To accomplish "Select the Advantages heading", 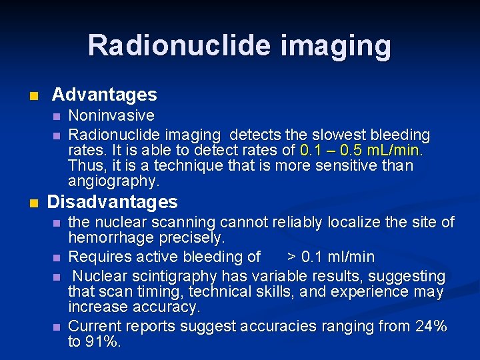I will click(x=104, y=95).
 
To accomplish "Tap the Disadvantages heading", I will click(x=113, y=201).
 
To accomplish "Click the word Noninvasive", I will click(x=111, y=117).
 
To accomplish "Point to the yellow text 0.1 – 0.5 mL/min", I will click(x=361, y=150).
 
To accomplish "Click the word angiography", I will click(x=113, y=181).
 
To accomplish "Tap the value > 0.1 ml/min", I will click(x=331, y=257).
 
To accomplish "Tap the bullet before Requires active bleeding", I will click(x=57, y=257).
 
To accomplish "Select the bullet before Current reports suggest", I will click(x=57, y=327).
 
